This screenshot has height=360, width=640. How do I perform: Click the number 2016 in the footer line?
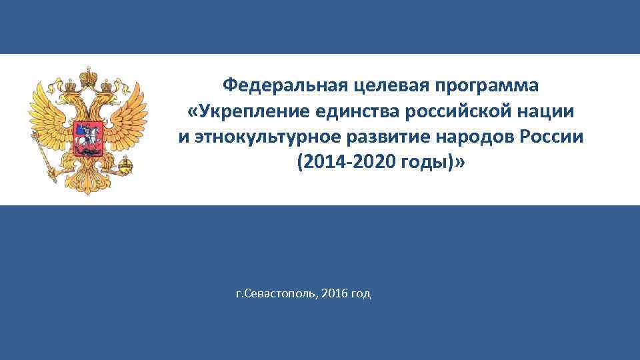point(334,294)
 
